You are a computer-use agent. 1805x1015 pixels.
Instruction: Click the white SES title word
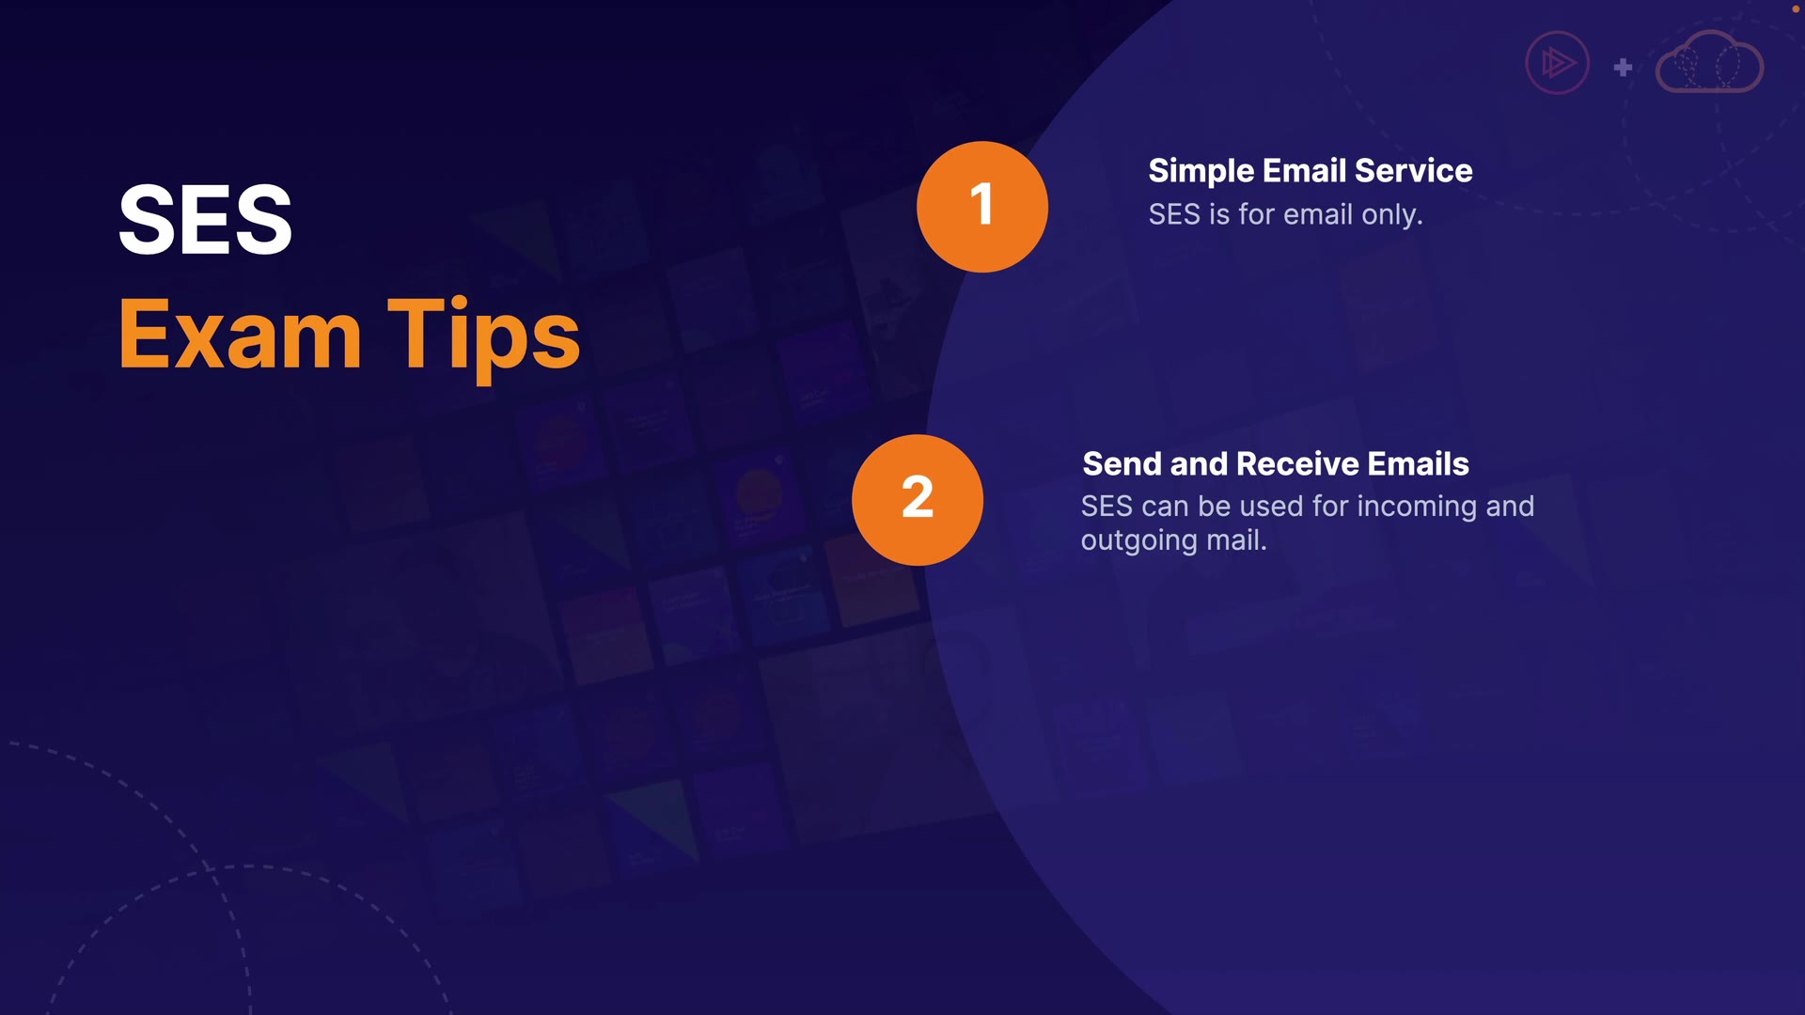(205, 220)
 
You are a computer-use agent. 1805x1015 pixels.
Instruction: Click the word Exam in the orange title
(241, 335)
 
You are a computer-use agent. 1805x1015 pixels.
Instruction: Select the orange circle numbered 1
(982, 207)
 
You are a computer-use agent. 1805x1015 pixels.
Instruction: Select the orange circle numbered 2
(918, 500)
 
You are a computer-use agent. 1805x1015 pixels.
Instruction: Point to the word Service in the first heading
(1414, 171)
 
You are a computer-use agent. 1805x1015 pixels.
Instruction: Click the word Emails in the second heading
(1419, 464)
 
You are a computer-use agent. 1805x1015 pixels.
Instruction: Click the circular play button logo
(1557, 64)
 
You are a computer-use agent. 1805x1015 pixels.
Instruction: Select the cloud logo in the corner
(1709, 62)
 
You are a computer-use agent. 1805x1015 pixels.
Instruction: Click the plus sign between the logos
(1623, 68)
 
